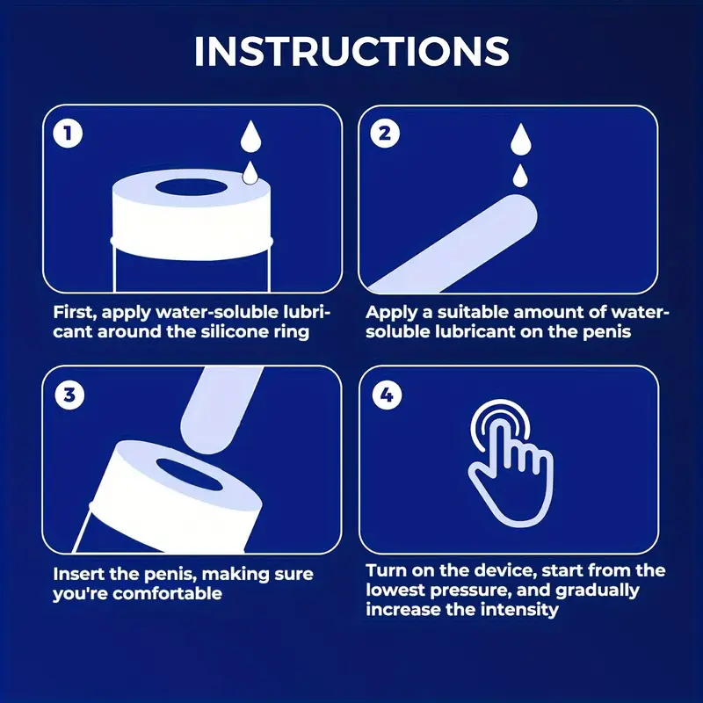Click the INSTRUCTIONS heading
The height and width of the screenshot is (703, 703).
click(x=351, y=51)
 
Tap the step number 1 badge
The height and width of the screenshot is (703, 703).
click(x=69, y=134)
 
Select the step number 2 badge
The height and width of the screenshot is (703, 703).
click(x=385, y=134)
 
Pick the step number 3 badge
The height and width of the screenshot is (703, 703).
click(x=69, y=395)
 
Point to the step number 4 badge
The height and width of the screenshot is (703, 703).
click(x=387, y=395)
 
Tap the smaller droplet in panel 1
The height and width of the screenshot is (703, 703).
click(x=250, y=173)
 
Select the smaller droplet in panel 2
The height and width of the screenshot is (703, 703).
click(x=520, y=176)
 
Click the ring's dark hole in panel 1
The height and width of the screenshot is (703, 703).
click(x=191, y=188)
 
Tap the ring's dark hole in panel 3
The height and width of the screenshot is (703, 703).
click(x=189, y=475)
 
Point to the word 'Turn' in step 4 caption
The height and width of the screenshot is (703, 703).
click(x=386, y=570)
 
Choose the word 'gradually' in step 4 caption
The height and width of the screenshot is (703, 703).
click(x=598, y=591)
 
